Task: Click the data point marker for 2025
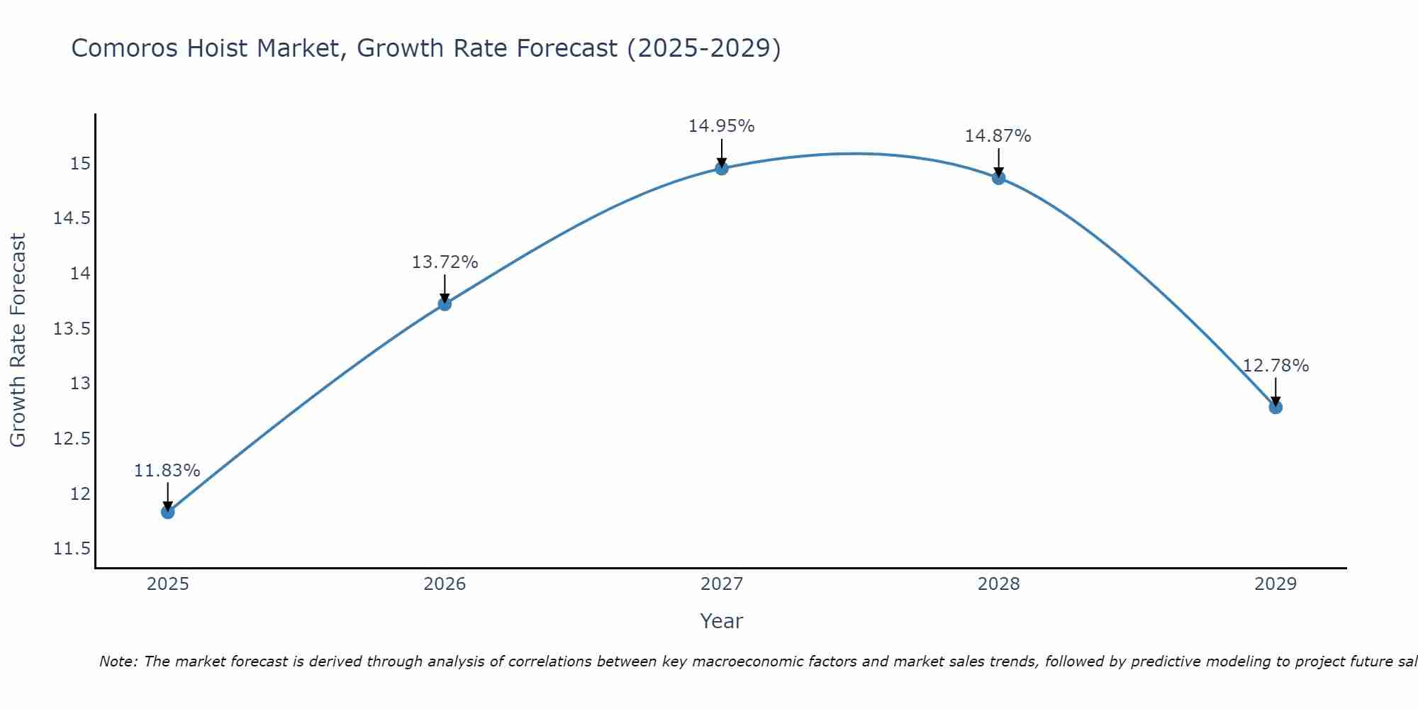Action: coord(168,512)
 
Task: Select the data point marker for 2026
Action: coord(445,304)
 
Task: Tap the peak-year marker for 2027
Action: coord(722,168)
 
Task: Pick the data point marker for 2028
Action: coord(998,178)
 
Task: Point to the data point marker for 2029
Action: coord(1275,407)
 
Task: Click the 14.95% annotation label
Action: coord(722,126)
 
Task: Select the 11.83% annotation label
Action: coord(167,471)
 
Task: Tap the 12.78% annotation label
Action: coord(1275,366)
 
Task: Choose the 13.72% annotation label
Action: coord(445,262)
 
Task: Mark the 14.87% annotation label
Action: coord(998,136)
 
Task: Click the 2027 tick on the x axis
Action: coord(722,584)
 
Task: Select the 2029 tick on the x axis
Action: coord(1275,584)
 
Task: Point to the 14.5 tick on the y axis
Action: coord(72,218)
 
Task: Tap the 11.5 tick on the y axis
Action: coord(72,549)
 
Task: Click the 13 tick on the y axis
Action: coord(81,384)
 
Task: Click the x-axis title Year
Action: coord(722,621)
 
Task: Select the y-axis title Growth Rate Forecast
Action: coord(18,340)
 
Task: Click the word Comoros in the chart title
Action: coord(124,48)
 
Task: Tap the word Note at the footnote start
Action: coord(118,661)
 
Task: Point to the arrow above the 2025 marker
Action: coord(168,496)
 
